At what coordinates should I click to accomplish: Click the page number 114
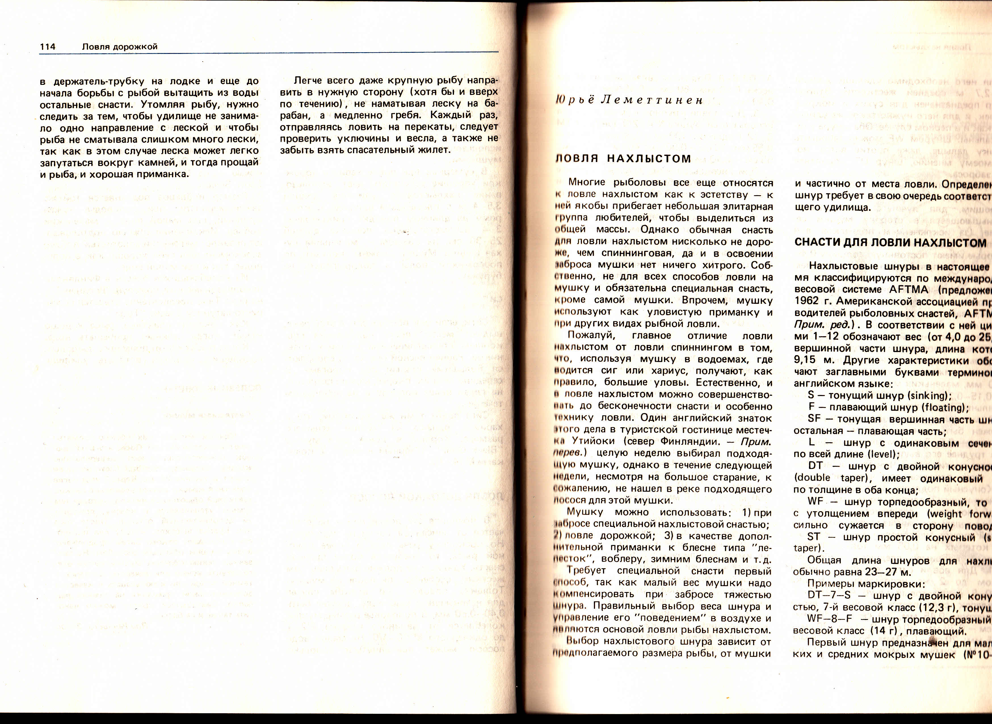pyautogui.click(x=47, y=47)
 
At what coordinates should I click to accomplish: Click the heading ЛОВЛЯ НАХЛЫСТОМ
pyautogui.click(x=623, y=159)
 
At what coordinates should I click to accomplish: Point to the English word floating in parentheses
pyautogui.click(x=945, y=408)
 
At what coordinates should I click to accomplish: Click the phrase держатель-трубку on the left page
pyautogui.click(x=99, y=81)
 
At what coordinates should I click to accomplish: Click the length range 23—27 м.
pyautogui.click(x=888, y=573)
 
